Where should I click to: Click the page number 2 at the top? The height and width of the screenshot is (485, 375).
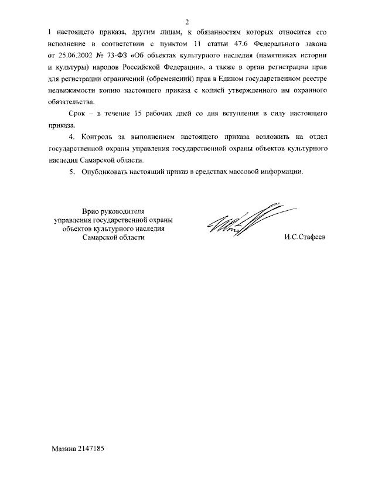coord(187,21)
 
